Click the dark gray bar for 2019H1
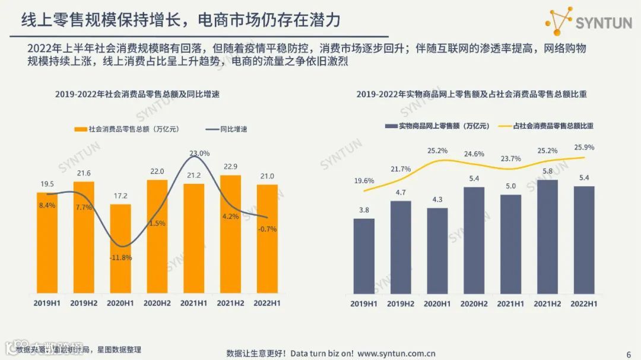(x=364, y=256)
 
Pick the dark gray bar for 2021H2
(x=547, y=237)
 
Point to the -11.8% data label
(x=120, y=257)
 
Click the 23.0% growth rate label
(x=199, y=154)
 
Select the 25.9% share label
(x=583, y=147)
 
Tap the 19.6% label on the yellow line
(x=364, y=181)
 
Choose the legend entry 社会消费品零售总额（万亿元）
(x=129, y=129)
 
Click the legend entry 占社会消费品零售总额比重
(x=553, y=126)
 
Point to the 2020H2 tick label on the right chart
(x=473, y=304)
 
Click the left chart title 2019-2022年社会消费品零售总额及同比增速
(x=137, y=94)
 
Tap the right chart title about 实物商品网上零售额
(x=471, y=94)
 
